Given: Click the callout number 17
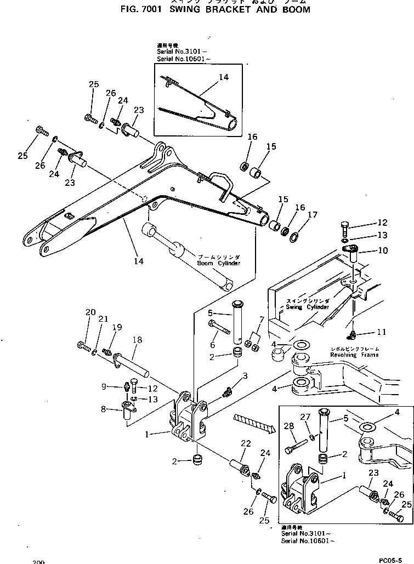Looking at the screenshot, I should pyautogui.click(x=312, y=215).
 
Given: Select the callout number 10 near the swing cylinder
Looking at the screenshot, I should pyautogui.click(x=382, y=250).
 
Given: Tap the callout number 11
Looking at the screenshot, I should pyautogui.click(x=382, y=332).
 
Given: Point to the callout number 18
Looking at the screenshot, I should pyautogui.click(x=137, y=340).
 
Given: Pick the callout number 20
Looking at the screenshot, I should pyautogui.click(x=90, y=313).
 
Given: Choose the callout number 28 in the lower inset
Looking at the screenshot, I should pyautogui.click(x=290, y=426).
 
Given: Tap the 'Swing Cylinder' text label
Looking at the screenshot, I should pyautogui.click(x=308, y=304).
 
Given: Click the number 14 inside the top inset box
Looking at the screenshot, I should pyautogui.click(x=223, y=77).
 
